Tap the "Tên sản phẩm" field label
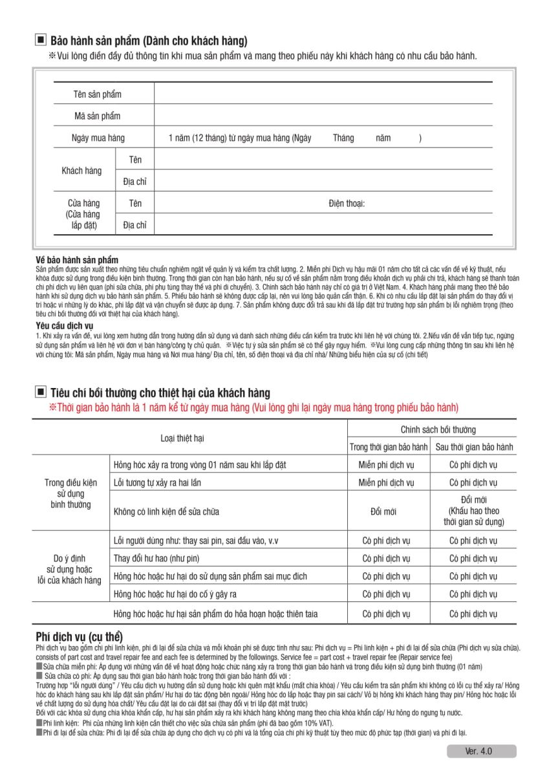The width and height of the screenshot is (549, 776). pyautogui.click(x=97, y=94)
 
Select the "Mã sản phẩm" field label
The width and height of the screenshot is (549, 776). pyautogui.click(x=97, y=116)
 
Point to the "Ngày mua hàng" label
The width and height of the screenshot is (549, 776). pyautogui.click(x=98, y=138)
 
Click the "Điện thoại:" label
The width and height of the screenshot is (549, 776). pyautogui.click(x=347, y=204)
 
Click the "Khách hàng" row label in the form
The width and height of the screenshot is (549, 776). pyautogui.click(x=81, y=171)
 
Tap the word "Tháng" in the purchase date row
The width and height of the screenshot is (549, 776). pyautogui.click(x=343, y=138)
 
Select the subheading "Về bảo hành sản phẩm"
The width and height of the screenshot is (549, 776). pyautogui.click(x=77, y=259)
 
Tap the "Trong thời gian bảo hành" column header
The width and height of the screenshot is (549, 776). pyautogui.click(x=389, y=447)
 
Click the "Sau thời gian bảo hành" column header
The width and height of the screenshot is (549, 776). pyautogui.click(x=474, y=447)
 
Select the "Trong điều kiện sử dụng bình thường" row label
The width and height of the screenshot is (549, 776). pyautogui.click(x=73, y=493)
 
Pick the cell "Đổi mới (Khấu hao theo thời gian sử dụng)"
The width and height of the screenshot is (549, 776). pyautogui.click(x=474, y=511)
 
